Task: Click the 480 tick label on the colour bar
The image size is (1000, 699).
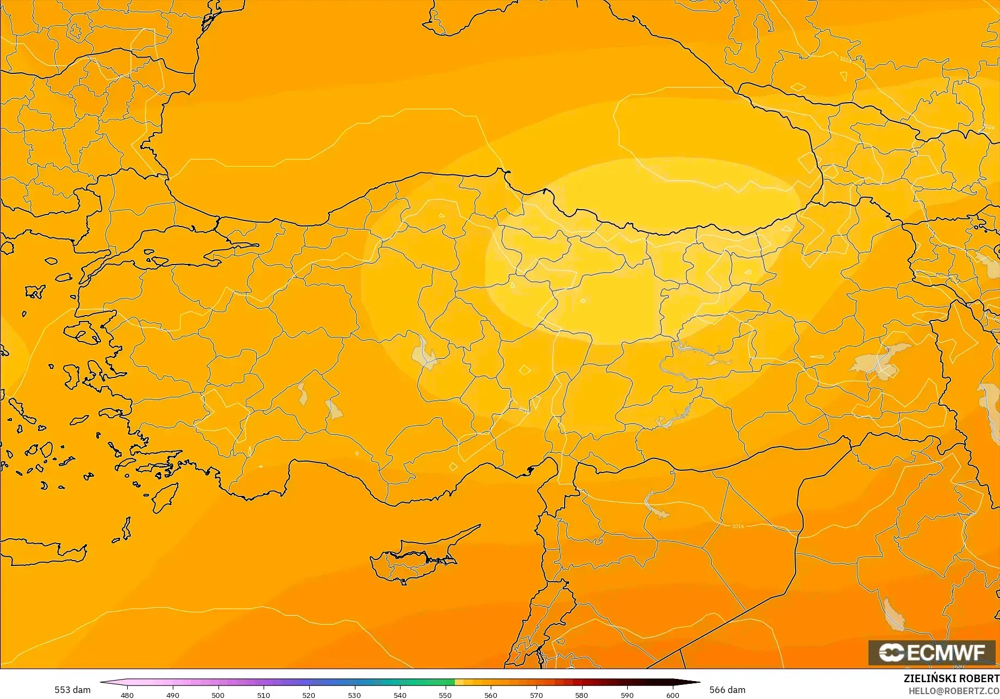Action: click(127, 695)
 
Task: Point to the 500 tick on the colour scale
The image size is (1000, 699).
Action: click(218, 695)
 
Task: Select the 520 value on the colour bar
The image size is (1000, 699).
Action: click(309, 695)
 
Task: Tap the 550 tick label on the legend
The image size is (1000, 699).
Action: click(445, 695)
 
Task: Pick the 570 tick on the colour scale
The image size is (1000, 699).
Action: click(536, 695)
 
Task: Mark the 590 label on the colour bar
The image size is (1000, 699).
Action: click(627, 695)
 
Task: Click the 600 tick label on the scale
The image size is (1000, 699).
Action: click(673, 695)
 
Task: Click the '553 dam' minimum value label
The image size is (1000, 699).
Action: click(72, 690)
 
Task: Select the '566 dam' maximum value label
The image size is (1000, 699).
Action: click(727, 690)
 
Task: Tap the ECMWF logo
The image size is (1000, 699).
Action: click(932, 652)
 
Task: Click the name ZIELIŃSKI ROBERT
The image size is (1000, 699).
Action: click(951, 678)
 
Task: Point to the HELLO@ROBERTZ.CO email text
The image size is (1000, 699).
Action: click(954, 690)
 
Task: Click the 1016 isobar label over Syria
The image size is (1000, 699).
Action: click(737, 526)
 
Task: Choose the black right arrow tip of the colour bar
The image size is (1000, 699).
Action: click(696, 682)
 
